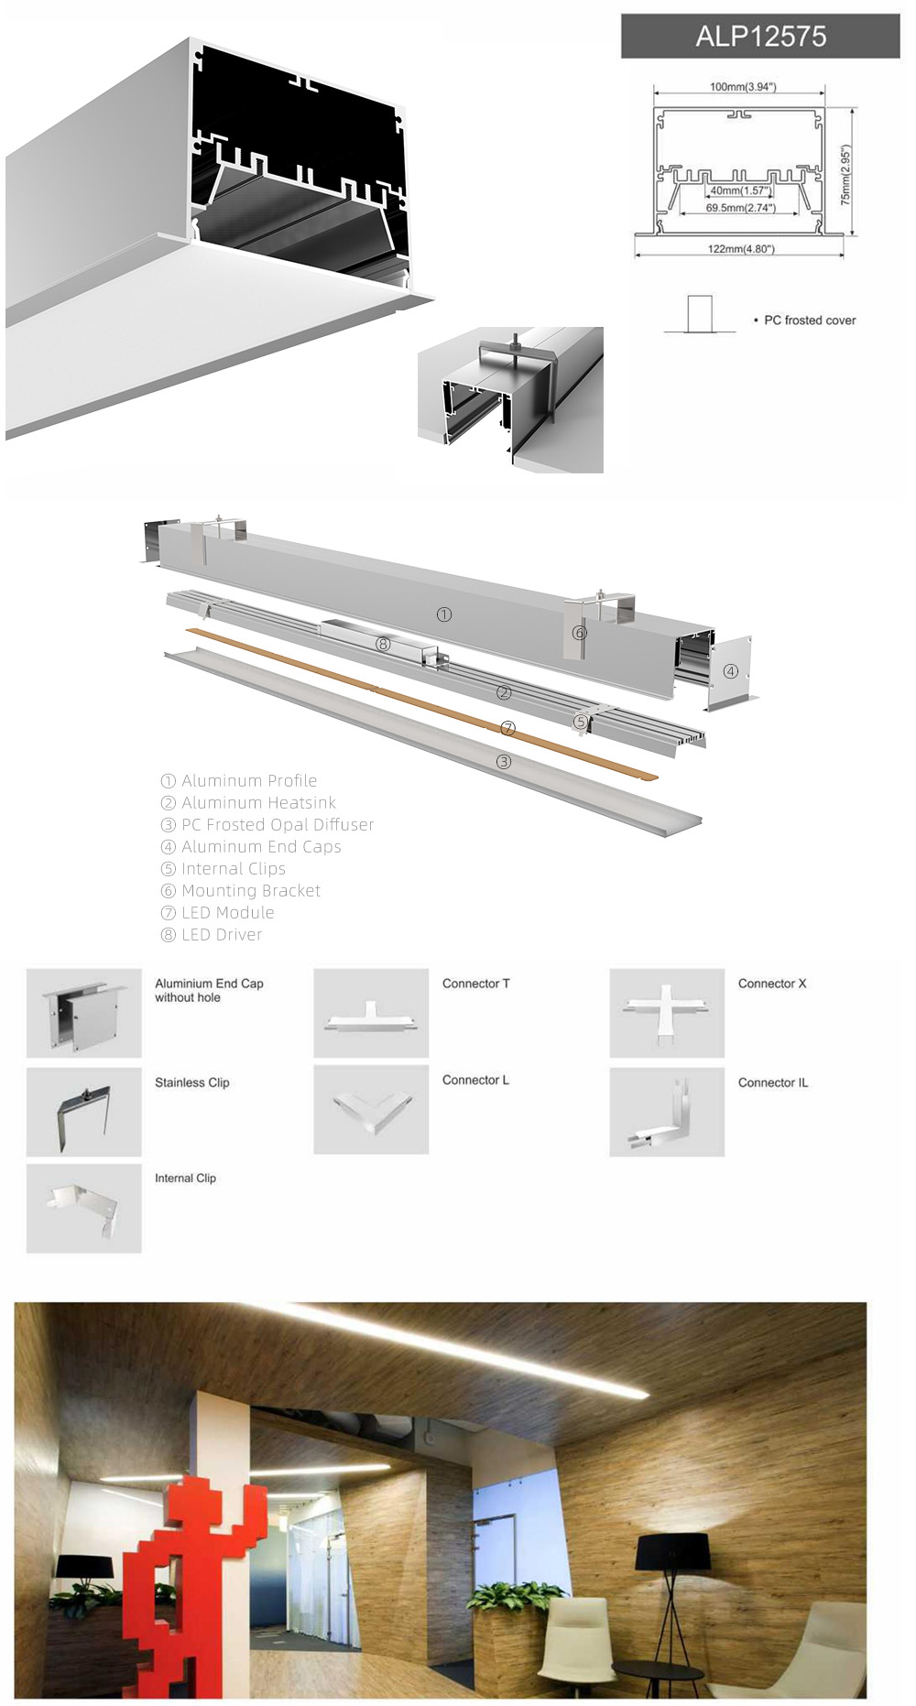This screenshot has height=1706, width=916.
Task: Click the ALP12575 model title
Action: (x=760, y=37)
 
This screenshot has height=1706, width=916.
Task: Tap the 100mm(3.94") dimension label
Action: (x=742, y=87)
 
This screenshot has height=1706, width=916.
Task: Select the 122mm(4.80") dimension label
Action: (x=740, y=249)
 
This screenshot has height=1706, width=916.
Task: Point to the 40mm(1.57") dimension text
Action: (x=740, y=191)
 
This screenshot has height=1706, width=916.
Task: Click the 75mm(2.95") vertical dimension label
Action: (x=845, y=174)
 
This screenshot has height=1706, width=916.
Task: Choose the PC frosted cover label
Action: (x=809, y=321)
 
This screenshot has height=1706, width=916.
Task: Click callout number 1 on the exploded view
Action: (x=444, y=614)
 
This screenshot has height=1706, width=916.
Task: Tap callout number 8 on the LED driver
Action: (x=383, y=644)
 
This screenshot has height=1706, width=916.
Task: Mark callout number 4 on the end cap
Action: (x=730, y=671)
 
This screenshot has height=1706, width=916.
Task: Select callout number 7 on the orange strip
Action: (x=508, y=728)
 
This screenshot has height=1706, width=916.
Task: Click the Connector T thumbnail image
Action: (x=371, y=1013)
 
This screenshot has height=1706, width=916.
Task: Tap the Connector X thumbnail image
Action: (x=667, y=1013)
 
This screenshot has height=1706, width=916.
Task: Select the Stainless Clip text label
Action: (x=191, y=1082)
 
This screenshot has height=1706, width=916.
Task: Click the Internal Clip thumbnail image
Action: (x=84, y=1208)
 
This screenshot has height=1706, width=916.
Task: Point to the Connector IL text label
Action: (x=772, y=1082)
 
